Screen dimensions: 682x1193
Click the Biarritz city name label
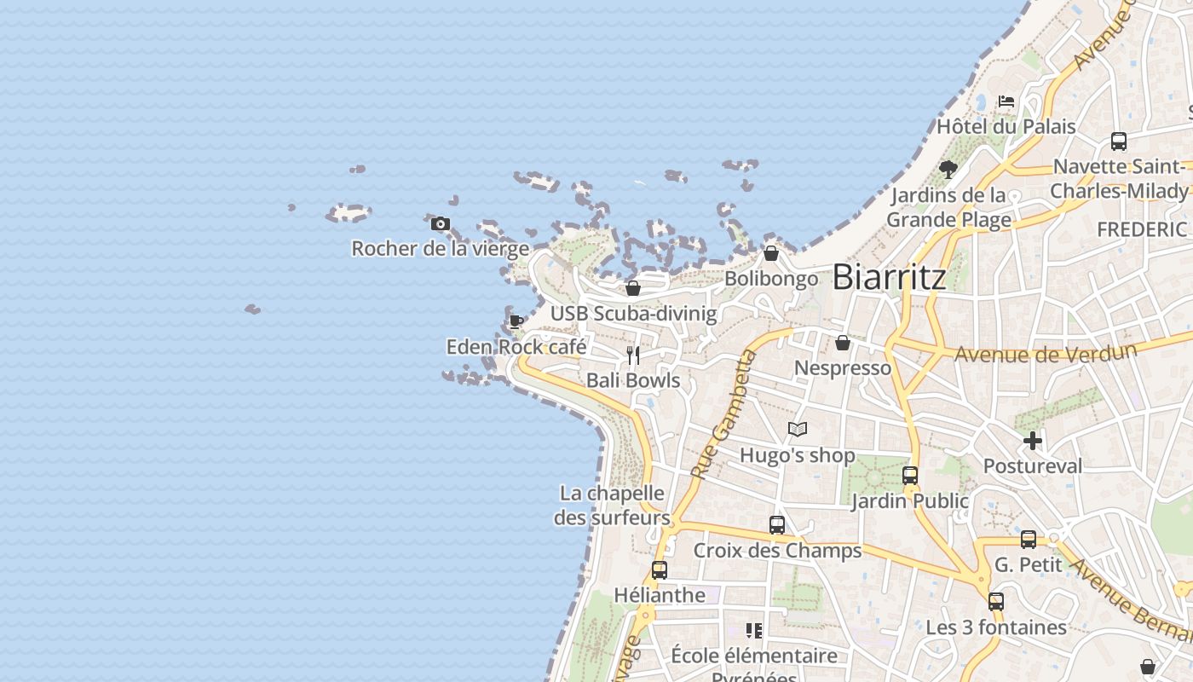(889, 277)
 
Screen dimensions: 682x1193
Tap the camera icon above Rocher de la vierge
(440, 224)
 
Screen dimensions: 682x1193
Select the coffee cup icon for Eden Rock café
(516, 321)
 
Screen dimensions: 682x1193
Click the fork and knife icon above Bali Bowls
(632, 355)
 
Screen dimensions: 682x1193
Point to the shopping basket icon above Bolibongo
(770, 253)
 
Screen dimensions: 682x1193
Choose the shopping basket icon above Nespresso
(843, 343)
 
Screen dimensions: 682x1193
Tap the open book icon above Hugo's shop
(797, 430)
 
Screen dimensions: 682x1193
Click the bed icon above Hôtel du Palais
(1006, 101)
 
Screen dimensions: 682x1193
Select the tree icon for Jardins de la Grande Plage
(948, 170)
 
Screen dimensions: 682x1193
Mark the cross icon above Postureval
(1033, 441)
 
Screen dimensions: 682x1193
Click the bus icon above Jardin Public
(910, 476)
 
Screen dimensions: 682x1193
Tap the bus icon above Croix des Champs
(777, 525)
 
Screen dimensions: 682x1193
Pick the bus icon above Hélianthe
(660, 570)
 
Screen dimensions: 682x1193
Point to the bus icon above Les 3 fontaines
(996, 602)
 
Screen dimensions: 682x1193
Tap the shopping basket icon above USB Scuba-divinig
(632, 288)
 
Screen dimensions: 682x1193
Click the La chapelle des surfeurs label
(612, 505)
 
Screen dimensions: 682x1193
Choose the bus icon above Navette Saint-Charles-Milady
(1119, 142)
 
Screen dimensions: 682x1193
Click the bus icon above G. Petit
(1029, 540)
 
